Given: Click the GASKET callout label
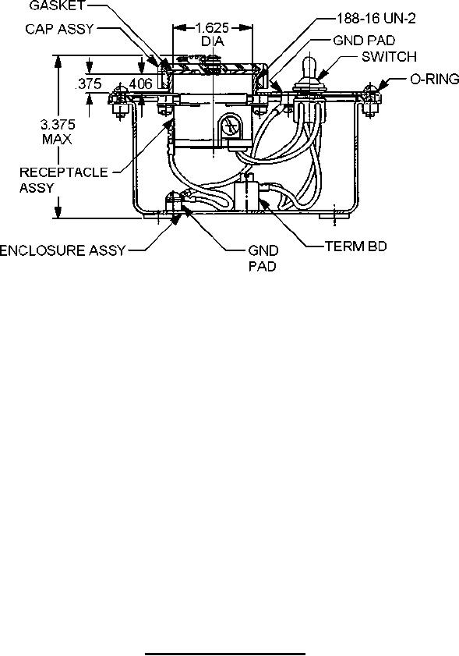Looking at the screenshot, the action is pos(58,6).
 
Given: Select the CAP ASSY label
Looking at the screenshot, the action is pos(60,29).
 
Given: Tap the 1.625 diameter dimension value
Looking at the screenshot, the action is pos(213,28).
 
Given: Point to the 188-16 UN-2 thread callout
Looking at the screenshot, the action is pos(376,19).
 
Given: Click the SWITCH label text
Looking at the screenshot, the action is pos(389,56).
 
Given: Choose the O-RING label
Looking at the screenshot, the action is pos(435,79).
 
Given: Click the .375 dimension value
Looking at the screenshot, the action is pos(89,83).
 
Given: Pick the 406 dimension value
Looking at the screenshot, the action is pos(140,83).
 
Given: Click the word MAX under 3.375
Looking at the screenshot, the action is pos(57,139).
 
